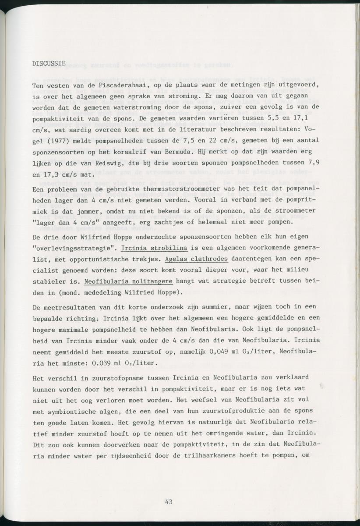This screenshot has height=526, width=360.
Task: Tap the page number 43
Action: [169, 501]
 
